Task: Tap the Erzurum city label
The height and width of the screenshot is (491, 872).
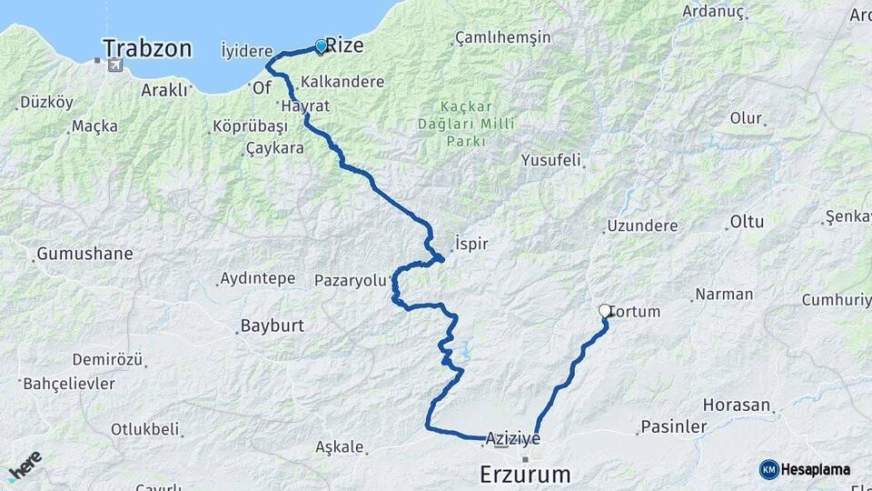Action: pos(525,474)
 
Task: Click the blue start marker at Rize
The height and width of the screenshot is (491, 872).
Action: pos(321,45)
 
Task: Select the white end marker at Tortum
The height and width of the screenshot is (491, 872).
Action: pos(605,311)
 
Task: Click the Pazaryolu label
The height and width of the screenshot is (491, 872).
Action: pos(351,280)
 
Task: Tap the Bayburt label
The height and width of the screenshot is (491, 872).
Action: pos(272,326)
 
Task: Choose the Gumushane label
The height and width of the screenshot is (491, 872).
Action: pos(84,254)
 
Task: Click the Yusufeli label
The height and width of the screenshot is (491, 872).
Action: pos(550,160)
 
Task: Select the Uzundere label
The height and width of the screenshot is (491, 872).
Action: pos(642,225)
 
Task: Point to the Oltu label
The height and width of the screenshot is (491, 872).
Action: pos(747,222)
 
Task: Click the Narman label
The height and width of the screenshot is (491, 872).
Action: pos(724,295)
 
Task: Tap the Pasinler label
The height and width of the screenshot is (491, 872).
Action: pos(673,426)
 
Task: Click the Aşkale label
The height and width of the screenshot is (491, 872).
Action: pos(339,447)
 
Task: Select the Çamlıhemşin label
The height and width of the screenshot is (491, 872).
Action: pos(503,38)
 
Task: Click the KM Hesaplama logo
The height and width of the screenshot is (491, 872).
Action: pos(805,469)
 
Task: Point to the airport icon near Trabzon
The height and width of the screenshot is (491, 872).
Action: pos(114,65)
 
